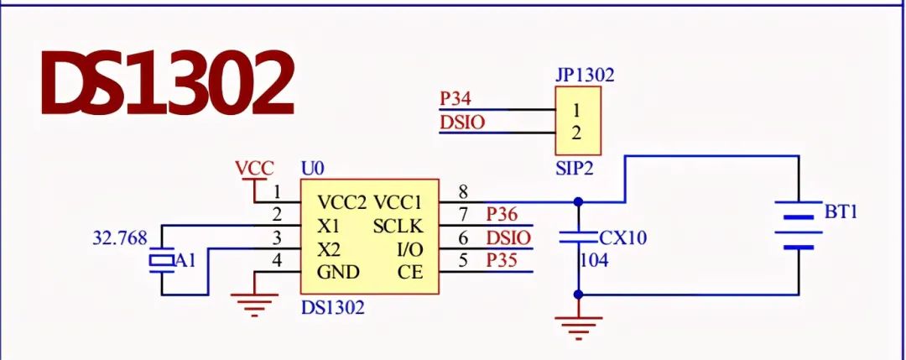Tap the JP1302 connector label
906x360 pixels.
(x=585, y=75)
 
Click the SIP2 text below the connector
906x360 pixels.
(x=574, y=168)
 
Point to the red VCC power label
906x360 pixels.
(x=254, y=168)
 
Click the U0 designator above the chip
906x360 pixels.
(x=313, y=169)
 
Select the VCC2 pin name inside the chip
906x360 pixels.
(x=342, y=202)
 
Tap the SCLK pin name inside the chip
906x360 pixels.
(x=398, y=226)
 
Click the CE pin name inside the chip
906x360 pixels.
(x=411, y=273)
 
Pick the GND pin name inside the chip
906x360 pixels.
(x=338, y=273)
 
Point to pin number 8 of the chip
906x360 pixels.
(x=463, y=191)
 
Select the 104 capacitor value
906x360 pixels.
(x=594, y=261)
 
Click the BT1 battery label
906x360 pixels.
(x=841, y=211)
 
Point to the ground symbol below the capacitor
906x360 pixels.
(x=578, y=323)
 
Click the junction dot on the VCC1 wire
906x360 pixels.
(x=578, y=202)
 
